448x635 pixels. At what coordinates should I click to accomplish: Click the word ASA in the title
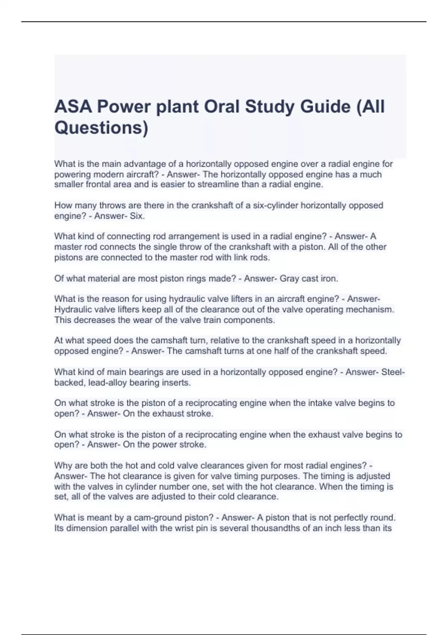coord(73,107)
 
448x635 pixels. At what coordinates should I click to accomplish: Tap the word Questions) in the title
coord(101,128)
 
